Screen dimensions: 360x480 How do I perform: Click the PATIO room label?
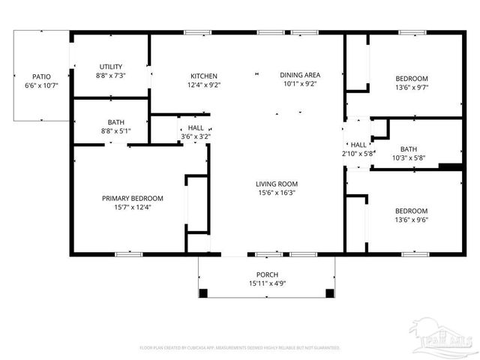pos(40,76)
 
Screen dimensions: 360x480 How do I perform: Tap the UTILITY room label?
pos(110,67)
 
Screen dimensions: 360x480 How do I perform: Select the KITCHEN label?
pos(204,76)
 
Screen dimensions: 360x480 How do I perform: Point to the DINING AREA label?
pos(300,75)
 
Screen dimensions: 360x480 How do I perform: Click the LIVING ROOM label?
pos(277,184)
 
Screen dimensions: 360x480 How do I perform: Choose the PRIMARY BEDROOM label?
pos(132,198)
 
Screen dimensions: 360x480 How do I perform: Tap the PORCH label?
pos(267,274)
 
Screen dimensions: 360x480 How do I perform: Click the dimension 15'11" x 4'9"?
pos(267,283)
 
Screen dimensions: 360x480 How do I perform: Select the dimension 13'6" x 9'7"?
pos(412,87)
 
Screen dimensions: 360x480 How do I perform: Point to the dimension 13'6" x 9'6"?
pos(412,220)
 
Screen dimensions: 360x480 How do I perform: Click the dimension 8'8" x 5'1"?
pos(116,131)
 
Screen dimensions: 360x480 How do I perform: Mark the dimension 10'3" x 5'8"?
pos(408,157)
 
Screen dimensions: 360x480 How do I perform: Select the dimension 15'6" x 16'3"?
pos(277,193)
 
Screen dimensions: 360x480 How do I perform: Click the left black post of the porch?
pos(203,292)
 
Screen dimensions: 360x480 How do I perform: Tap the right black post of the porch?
pos(328,292)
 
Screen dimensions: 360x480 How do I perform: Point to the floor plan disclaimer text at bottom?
pos(239,347)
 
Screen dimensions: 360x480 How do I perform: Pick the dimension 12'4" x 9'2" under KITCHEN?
pos(204,85)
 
